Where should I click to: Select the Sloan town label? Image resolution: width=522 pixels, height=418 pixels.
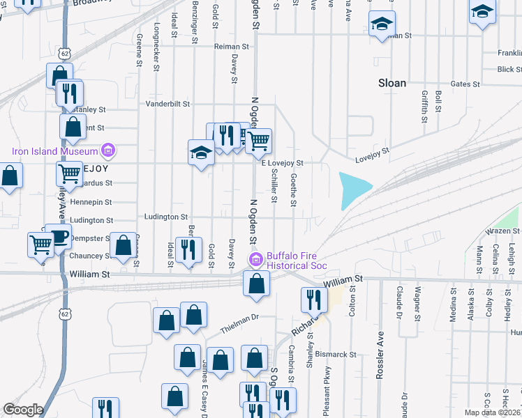(x=391, y=83)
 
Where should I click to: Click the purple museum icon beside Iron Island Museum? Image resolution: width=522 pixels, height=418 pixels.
(x=107, y=150)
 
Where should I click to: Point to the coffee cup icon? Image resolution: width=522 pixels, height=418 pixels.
(x=58, y=236)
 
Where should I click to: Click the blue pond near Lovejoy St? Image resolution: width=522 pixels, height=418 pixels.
(x=353, y=190)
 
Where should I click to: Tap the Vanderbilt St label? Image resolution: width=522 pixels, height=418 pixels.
(x=167, y=104)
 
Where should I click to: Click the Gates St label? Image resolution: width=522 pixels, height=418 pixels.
(x=466, y=84)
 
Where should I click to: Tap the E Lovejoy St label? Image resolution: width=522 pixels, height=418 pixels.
(x=282, y=163)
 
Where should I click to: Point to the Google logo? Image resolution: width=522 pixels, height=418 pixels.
(x=23, y=410)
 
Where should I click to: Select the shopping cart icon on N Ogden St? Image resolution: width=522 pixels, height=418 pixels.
(x=259, y=141)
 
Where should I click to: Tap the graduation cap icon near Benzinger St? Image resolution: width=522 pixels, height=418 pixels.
(x=201, y=152)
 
